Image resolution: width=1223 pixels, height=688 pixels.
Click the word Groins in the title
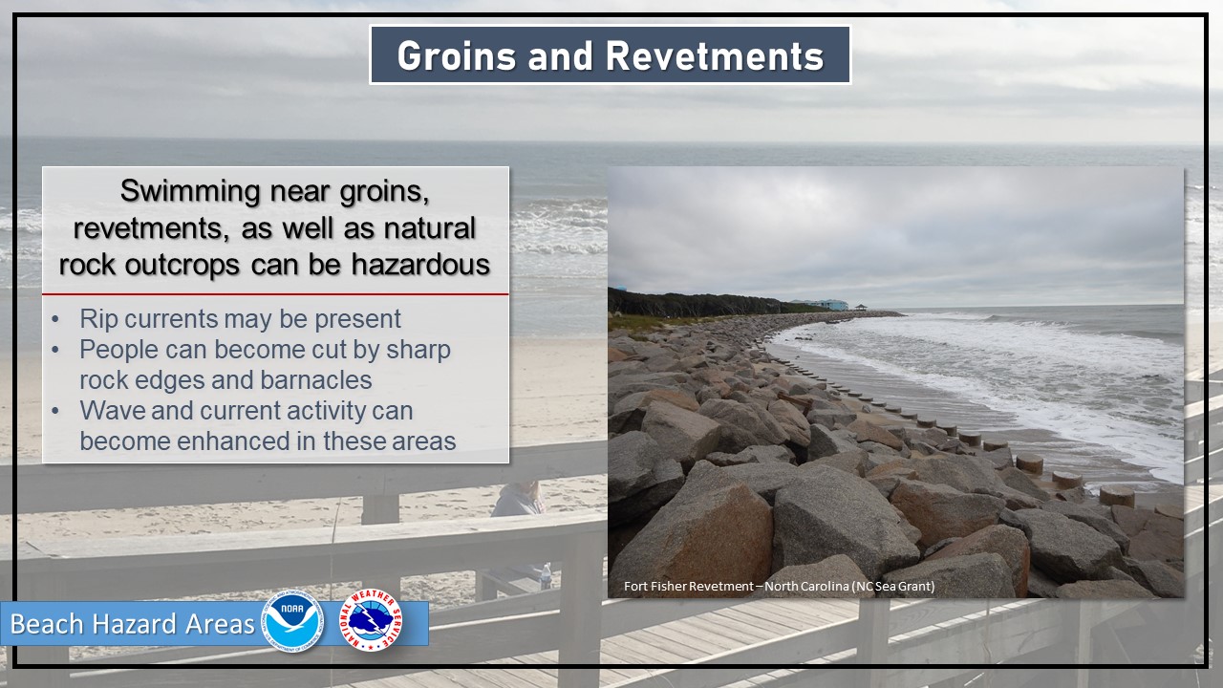457,55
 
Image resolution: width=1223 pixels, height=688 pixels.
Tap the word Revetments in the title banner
714,55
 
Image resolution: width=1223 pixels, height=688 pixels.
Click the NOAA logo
293,621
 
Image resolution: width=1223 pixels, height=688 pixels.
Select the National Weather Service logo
372,621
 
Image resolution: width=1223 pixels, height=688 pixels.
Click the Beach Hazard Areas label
132,624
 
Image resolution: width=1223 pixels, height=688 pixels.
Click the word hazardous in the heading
420,265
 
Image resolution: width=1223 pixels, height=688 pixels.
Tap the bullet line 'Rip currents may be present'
240,319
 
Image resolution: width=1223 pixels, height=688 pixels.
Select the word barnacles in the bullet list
316,380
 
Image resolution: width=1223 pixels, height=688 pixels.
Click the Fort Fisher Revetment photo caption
779,587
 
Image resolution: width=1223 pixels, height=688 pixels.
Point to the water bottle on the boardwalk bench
546,576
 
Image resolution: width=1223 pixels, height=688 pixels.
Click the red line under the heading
275,294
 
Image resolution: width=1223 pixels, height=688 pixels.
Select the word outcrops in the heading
182,266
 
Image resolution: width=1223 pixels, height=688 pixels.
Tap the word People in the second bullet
119,350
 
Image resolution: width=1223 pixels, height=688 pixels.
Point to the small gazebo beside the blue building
861,307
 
